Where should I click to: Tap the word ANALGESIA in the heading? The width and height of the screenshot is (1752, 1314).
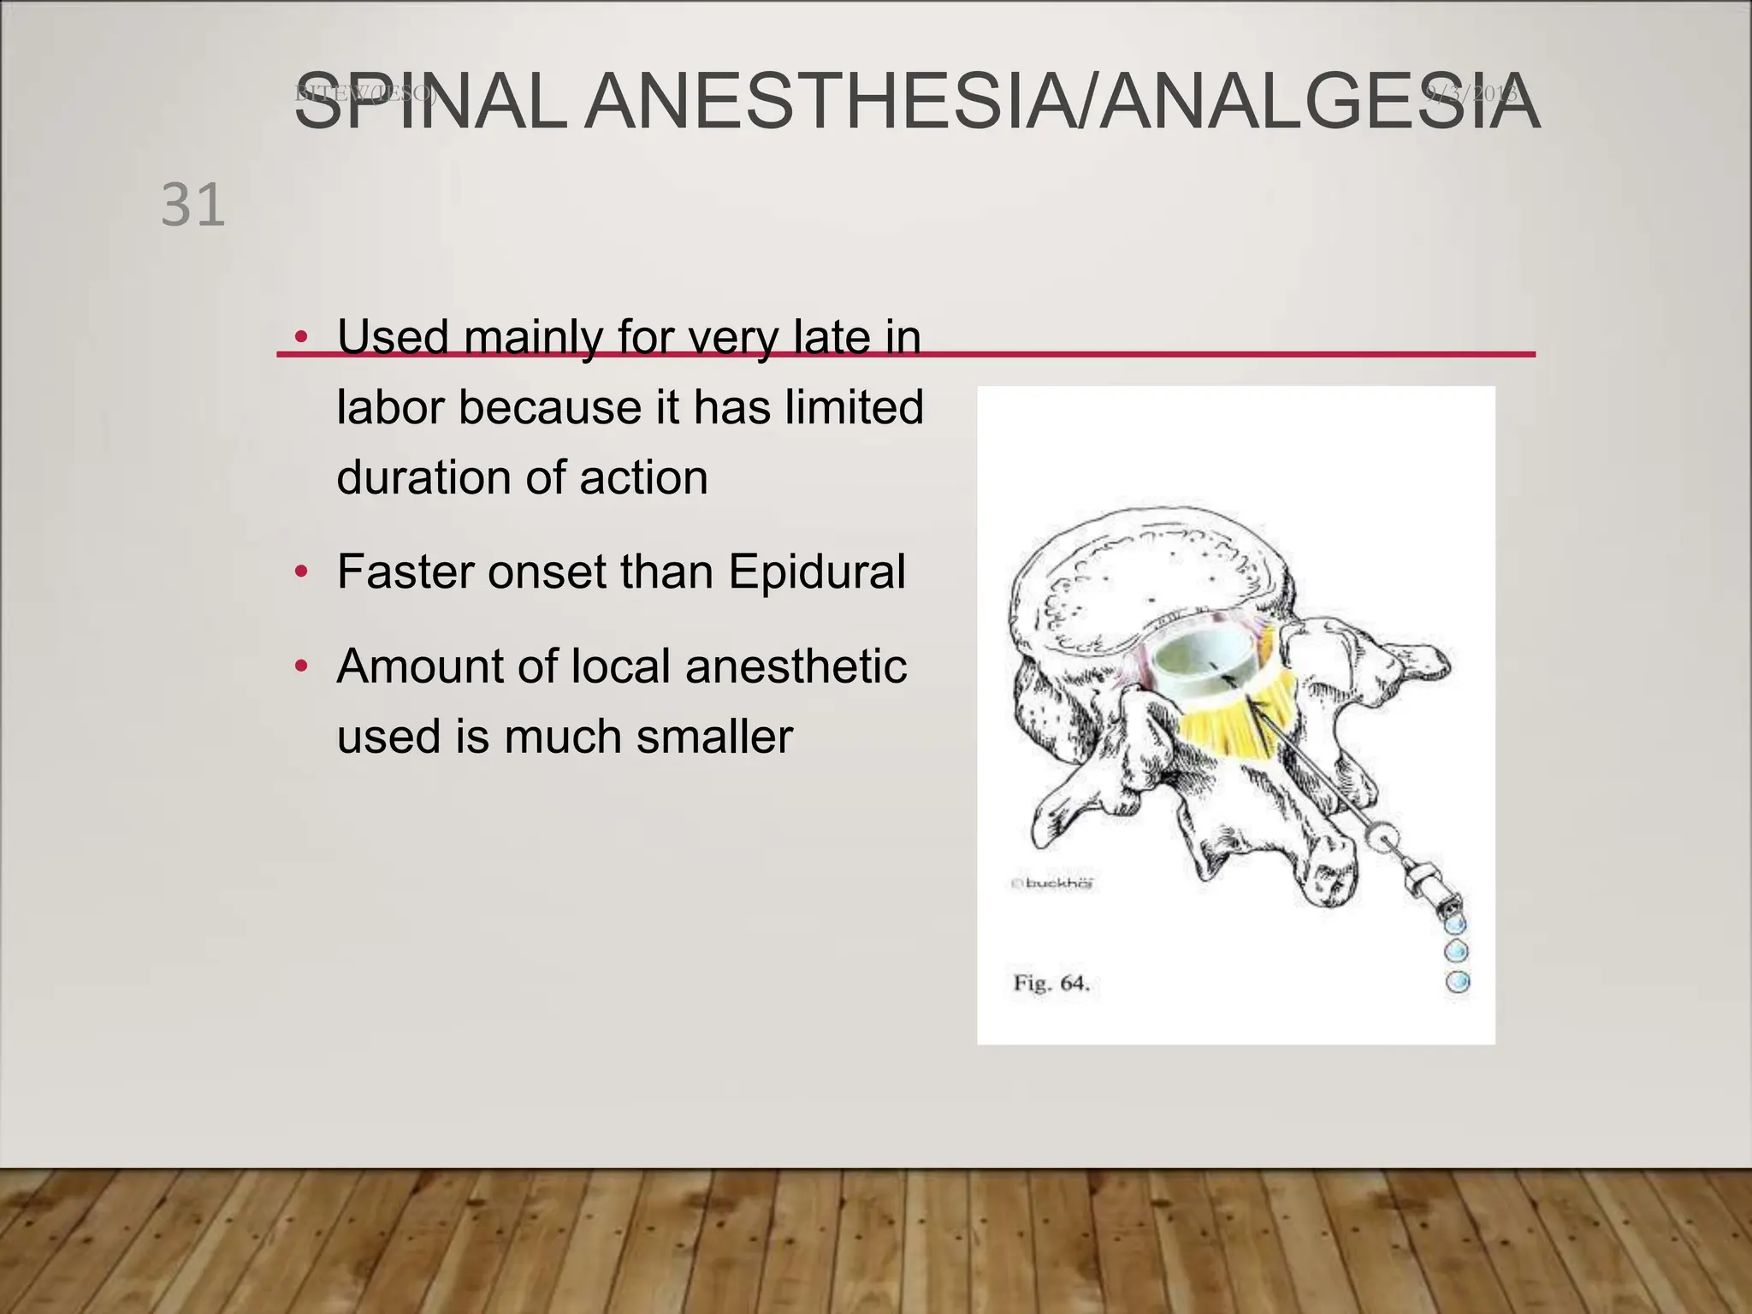click(x=1318, y=102)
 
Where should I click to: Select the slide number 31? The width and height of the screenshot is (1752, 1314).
click(x=193, y=205)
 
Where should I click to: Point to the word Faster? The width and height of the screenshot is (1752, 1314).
click(x=405, y=571)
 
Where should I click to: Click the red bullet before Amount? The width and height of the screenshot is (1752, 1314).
click(x=300, y=666)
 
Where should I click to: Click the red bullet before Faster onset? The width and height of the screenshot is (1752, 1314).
click(x=300, y=571)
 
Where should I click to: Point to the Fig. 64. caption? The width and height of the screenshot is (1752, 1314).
click(x=1051, y=983)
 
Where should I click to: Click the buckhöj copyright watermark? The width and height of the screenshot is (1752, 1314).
click(x=1054, y=884)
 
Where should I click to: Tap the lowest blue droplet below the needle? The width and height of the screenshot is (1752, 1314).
click(x=1458, y=981)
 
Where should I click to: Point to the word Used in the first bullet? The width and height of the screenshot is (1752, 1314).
click(x=393, y=337)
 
